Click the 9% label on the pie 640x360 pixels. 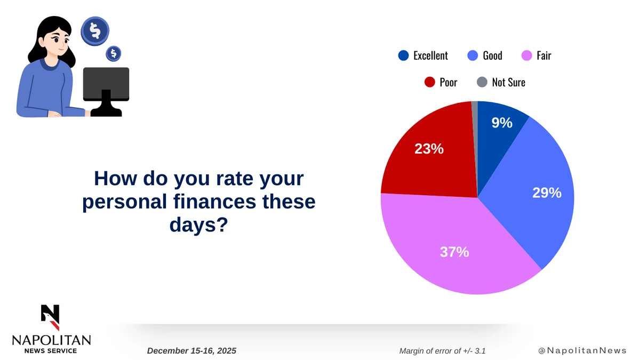tap(501, 123)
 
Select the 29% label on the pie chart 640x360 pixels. tap(547, 193)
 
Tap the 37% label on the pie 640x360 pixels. tap(454, 252)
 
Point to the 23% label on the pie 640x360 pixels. tap(429, 149)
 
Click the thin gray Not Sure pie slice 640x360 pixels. tap(474, 107)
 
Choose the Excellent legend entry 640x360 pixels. tap(423, 55)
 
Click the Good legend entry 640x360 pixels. tap(485, 55)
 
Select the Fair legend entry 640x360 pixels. tap(537, 55)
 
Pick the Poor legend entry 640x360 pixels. tap(441, 82)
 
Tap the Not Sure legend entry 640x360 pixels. tap(501, 82)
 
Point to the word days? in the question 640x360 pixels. tap(199, 225)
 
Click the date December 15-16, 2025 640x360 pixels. tap(191, 351)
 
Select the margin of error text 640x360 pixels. tap(442, 351)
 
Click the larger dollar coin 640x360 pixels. tap(95, 30)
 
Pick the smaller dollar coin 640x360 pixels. tap(113, 53)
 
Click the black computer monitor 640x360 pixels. tap(106, 85)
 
